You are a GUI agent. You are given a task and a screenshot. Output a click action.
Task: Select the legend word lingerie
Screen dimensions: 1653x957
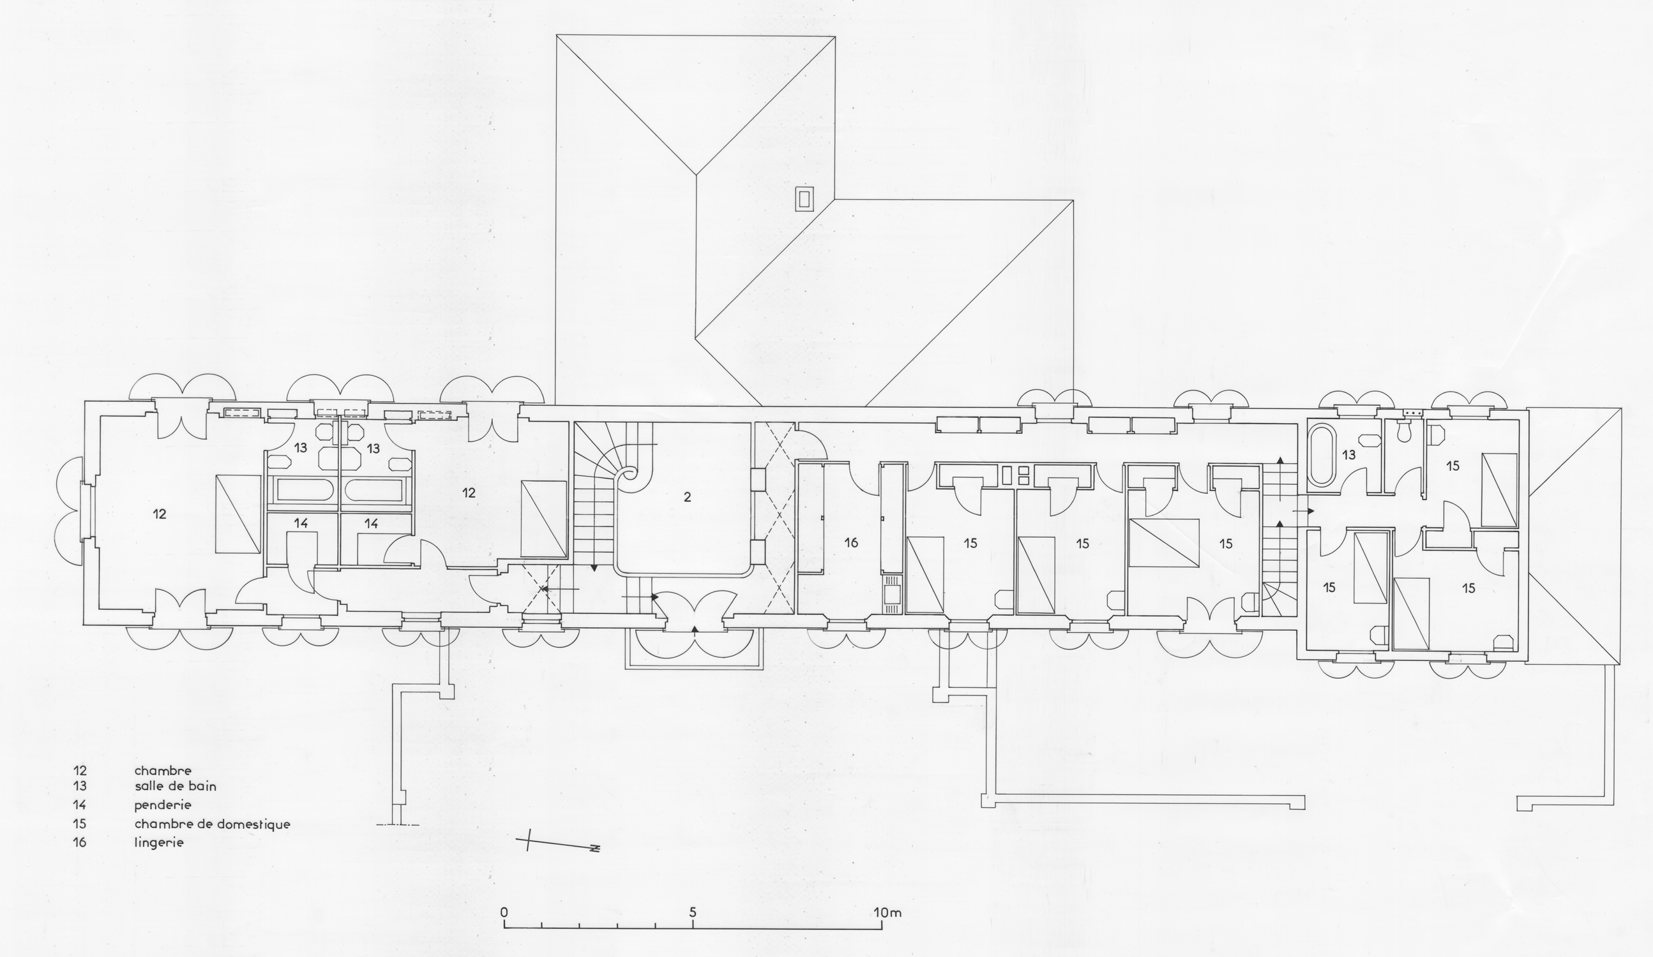159,843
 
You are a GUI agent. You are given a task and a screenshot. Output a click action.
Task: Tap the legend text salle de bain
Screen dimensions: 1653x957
175,786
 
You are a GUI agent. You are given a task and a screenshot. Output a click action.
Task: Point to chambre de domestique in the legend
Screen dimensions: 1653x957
212,824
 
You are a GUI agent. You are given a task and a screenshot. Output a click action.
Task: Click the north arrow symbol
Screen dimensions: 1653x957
557,845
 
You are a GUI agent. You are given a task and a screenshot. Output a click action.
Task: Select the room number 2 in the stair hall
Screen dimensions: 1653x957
688,498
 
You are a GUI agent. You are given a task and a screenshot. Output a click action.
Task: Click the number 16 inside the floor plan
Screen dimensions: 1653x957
851,543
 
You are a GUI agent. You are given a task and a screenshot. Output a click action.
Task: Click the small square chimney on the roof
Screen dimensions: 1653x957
805,198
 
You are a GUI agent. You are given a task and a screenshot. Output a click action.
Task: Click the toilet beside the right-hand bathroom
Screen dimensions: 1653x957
1405,429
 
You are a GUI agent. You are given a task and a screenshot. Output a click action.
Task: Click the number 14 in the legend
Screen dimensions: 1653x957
80,805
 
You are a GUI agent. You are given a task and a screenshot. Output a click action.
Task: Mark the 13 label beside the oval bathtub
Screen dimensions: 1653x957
1348,454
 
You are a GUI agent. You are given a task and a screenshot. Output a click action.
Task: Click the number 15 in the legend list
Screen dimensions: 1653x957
80,824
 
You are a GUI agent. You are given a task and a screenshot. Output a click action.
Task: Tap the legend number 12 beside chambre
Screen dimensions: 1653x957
80,771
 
